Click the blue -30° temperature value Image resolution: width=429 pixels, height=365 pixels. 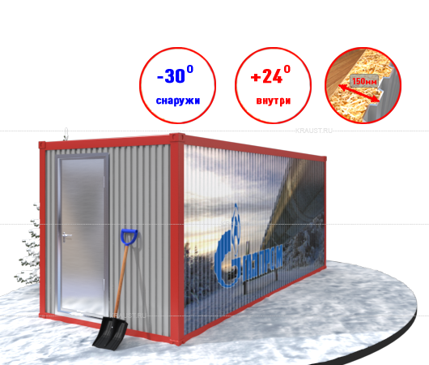coord(175,75)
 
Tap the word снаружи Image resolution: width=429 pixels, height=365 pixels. coord(178,101)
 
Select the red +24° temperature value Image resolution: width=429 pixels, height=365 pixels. coord(270,75)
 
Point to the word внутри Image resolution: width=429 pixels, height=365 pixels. coord(274,101)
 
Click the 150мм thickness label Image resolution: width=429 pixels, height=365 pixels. coord(364,81)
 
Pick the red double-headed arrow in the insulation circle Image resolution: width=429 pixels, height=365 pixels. coord(359,94)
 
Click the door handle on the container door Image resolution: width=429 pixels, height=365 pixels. coord(66,236)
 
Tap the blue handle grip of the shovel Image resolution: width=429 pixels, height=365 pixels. coord(129,237)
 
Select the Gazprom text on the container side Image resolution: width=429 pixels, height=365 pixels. coord(262,263)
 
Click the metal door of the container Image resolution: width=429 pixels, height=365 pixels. coord(82,235)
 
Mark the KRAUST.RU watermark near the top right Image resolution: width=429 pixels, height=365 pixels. coord(314,131)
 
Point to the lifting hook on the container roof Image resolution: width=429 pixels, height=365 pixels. coord(66,135)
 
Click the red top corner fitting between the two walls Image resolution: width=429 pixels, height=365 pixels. coord(177,138)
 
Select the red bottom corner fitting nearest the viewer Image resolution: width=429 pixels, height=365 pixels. coord(177,340)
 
